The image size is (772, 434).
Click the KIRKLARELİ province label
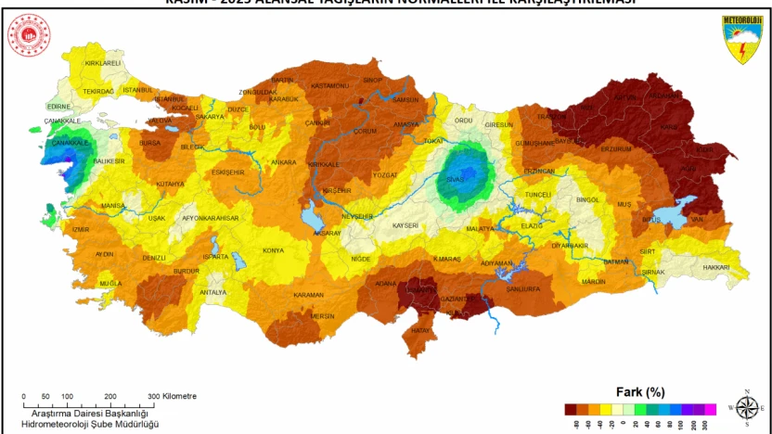coord(103,63)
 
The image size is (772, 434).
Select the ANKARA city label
coord(283,162)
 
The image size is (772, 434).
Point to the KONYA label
coord(273,250)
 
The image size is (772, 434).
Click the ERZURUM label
coord(616,148)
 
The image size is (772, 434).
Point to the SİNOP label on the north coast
coord(372,81)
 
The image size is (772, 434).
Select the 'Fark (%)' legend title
coord(640,391)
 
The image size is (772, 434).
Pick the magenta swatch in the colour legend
coord(710,408)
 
